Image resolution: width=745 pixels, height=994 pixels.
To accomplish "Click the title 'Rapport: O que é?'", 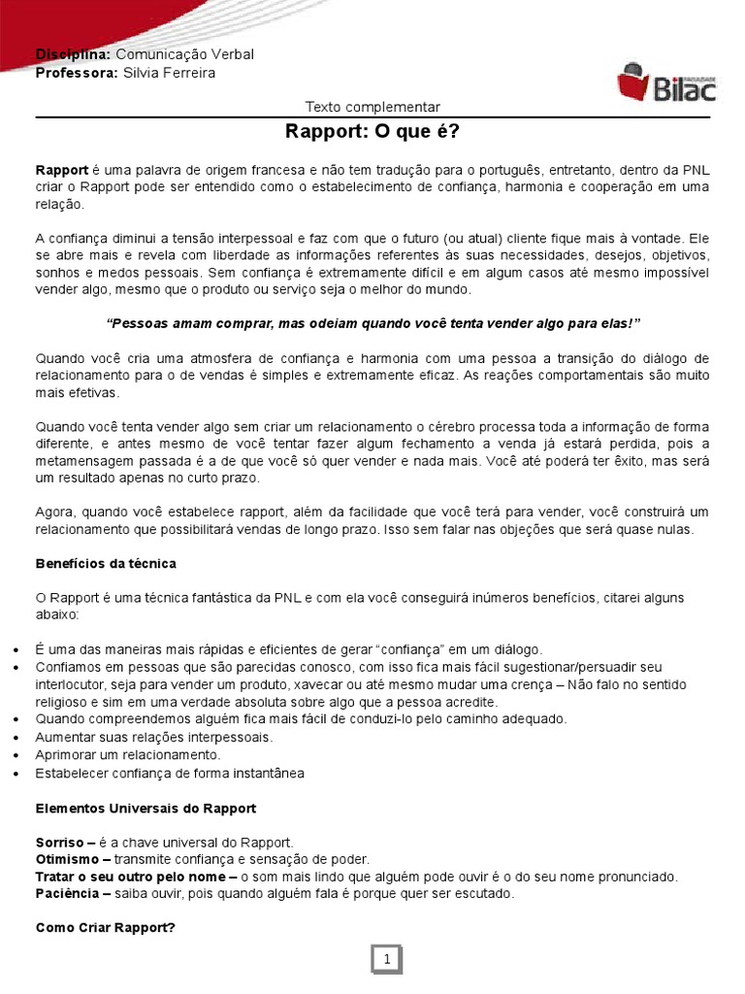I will point(372,132).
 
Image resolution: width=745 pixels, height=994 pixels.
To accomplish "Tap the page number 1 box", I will point(387,960).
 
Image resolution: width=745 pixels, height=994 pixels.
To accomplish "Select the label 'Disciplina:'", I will point(72,54).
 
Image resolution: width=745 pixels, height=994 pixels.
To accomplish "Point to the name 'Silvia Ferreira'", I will point(170,73).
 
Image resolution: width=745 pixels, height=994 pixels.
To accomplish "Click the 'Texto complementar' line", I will point(372,107).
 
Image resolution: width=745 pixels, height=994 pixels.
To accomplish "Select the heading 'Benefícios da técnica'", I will point(106,563).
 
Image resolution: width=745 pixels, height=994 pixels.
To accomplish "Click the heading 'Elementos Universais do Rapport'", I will point(146,808).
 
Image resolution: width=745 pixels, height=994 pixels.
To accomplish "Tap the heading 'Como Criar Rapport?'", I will point(105,927).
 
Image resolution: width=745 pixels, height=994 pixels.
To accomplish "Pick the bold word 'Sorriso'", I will point(59,842).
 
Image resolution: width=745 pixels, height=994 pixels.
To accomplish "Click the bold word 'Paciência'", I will point(67,893).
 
